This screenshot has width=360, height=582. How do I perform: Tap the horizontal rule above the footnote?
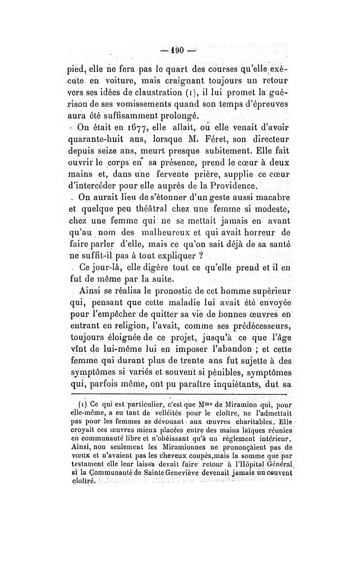tap(180, 395)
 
